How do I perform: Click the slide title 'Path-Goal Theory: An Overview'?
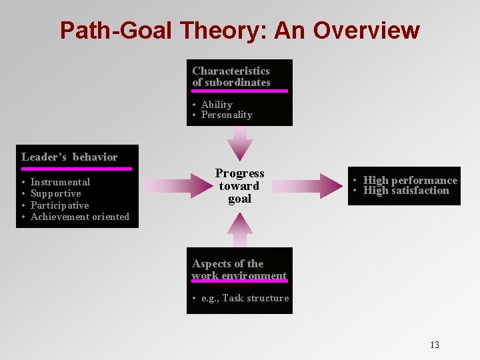pos(239,31)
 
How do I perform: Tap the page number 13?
pos(435,345)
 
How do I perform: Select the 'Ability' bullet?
pos(217,105)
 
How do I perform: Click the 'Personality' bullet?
pos(227,115)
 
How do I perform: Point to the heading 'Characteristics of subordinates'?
pos(231,77)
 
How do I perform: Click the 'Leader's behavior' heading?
pos(69,157)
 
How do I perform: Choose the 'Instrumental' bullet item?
pos(60,182)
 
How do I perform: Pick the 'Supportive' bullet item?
pos(55,193)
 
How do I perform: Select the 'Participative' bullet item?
pos(59,205)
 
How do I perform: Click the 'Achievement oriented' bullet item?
pos(80,217)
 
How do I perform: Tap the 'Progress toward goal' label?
pos(239,186)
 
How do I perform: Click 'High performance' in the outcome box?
pos(410,181)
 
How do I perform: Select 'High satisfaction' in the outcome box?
pos(406,191)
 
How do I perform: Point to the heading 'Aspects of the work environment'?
pos(239,269)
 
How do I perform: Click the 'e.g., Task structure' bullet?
pos(245,298)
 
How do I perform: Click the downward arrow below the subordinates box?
pos(239,142)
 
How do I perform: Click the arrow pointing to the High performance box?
pos(313,186)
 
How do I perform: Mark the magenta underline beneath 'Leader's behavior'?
pos(77,169)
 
